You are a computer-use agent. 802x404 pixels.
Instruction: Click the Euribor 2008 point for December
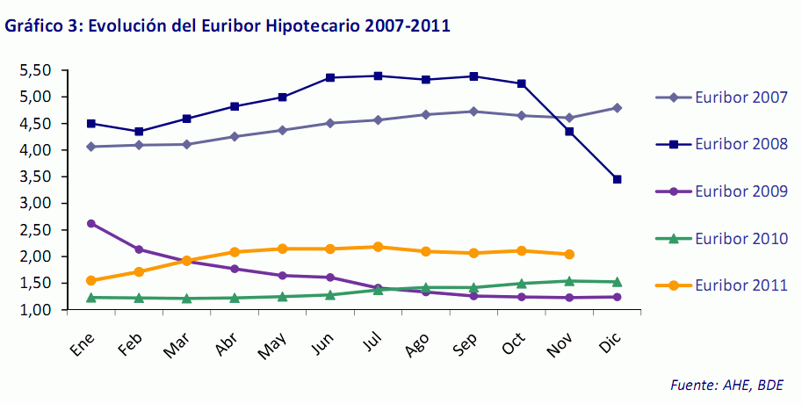click(617, 179)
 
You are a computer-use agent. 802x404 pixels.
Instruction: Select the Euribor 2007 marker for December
click(617, 108)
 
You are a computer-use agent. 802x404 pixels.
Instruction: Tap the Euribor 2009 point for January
click(91, 223)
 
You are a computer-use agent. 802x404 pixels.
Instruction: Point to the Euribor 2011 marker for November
click(569, 255)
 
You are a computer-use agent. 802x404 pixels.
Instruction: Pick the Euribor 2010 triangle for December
click(617, 282)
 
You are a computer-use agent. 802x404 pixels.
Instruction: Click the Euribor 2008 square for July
click(378, 76)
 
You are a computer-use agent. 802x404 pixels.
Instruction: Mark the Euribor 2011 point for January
click(91, 281)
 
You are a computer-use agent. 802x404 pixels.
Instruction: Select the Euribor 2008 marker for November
click(569, 132)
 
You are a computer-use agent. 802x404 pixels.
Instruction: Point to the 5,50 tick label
click(36, 69)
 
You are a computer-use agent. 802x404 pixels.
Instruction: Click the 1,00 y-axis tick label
click(36, 310)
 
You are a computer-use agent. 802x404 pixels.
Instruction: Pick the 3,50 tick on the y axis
click(36, 177)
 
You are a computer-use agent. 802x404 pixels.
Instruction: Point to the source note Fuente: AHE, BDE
click(723, 385)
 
